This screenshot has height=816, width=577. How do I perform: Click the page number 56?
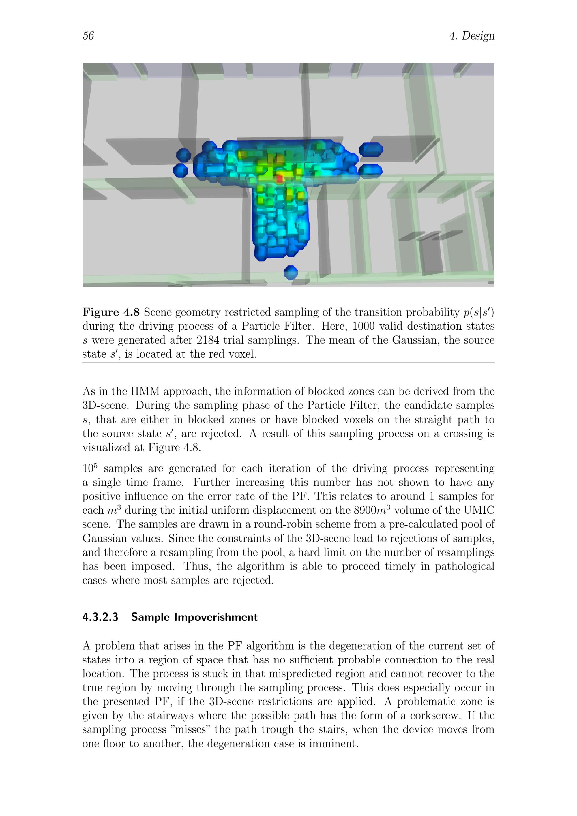(88, 36)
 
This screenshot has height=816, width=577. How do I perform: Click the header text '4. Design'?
(472, 36)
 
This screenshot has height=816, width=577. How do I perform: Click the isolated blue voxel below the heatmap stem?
(291, 273)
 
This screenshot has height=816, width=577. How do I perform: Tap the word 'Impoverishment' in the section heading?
(216, 617)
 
